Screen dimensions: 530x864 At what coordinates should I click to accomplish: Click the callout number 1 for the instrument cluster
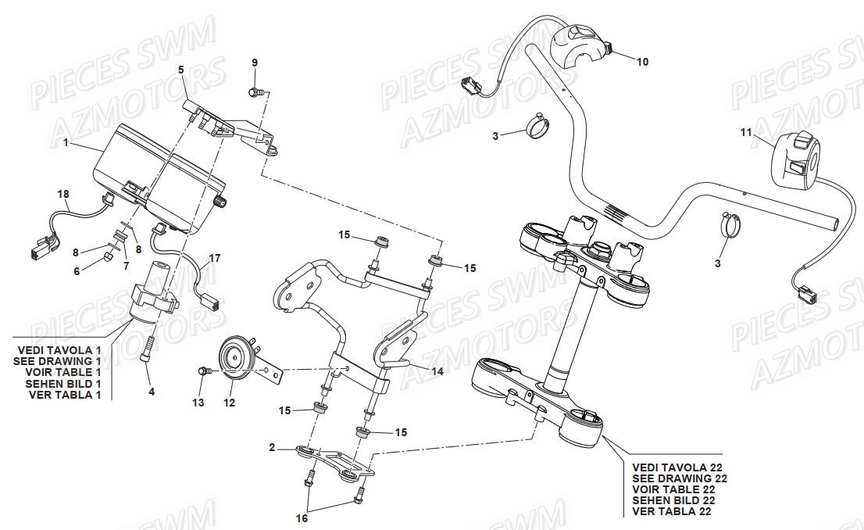[66, 144]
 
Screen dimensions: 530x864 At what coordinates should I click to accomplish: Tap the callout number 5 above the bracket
[180, 70]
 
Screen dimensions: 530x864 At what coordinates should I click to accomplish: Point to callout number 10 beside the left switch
[642, 62]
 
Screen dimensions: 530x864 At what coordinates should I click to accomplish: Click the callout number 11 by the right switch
[746, 133]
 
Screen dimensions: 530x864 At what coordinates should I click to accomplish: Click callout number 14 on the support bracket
[437, 372]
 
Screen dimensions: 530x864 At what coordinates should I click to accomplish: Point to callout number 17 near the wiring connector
[214, 257]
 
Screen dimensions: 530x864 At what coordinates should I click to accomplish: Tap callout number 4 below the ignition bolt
[152, 392]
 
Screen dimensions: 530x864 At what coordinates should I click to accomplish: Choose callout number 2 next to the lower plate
[272, 448]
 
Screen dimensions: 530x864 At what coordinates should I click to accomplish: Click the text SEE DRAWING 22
[679, 478]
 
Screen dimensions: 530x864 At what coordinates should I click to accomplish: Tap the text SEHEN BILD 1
[63, 384]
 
